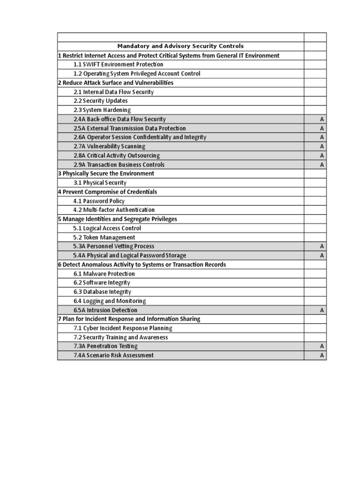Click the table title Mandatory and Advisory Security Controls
click(x=180, y=46)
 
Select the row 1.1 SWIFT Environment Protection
click(x=118, y=65)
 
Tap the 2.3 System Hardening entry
click(x=102, y=110)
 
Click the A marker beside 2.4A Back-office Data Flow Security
click(x=322, y=120)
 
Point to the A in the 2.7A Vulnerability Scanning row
click(x=322, y=147)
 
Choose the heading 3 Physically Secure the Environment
click(x=106, y=173)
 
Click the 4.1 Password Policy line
click(x=98, y=201)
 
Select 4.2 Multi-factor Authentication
click(x=114, y=210)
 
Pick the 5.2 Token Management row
click(x=104, y=238)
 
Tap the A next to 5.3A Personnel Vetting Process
click(x=322, y=247)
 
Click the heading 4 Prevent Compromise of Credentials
click(x=107, y=192)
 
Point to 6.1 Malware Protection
click(x=104, y=274)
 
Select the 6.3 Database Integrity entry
click(x=102, y=292)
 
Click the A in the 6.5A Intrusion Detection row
click(x=322, y=310)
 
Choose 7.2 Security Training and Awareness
click(x=120, y=337)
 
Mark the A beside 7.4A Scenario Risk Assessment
click(x=322, y=356)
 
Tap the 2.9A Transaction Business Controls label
click(x=119, y=165)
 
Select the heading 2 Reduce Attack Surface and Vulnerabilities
click(x=115, y=83)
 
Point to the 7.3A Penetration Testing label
click(x=105, y=346)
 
